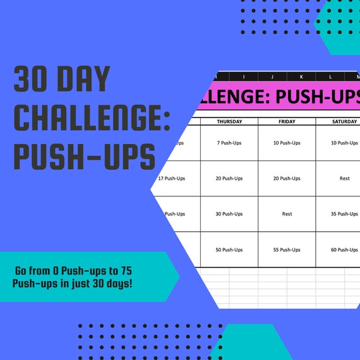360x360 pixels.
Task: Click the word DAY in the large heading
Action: point(84,80)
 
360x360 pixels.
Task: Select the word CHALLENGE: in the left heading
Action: point(92,118)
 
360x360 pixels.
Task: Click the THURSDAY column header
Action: point(229,121)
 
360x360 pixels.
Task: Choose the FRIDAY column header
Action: point(287,121)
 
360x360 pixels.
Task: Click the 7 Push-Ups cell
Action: point(229,143)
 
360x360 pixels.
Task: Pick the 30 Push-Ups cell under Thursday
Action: point(229,214)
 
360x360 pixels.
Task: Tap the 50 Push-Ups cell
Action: point(229,250)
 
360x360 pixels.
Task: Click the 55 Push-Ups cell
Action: point(287,250)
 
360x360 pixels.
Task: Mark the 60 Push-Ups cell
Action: point(345,250)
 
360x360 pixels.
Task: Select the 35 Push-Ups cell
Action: point(345,214)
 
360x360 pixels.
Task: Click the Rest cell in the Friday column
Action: point(287,214)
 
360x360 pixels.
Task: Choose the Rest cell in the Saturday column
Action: point(345,178)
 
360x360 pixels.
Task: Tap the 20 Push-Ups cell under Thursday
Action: point(229,178)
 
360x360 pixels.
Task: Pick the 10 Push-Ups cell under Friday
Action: point(287,143)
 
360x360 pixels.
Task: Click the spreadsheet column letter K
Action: point(301,76)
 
